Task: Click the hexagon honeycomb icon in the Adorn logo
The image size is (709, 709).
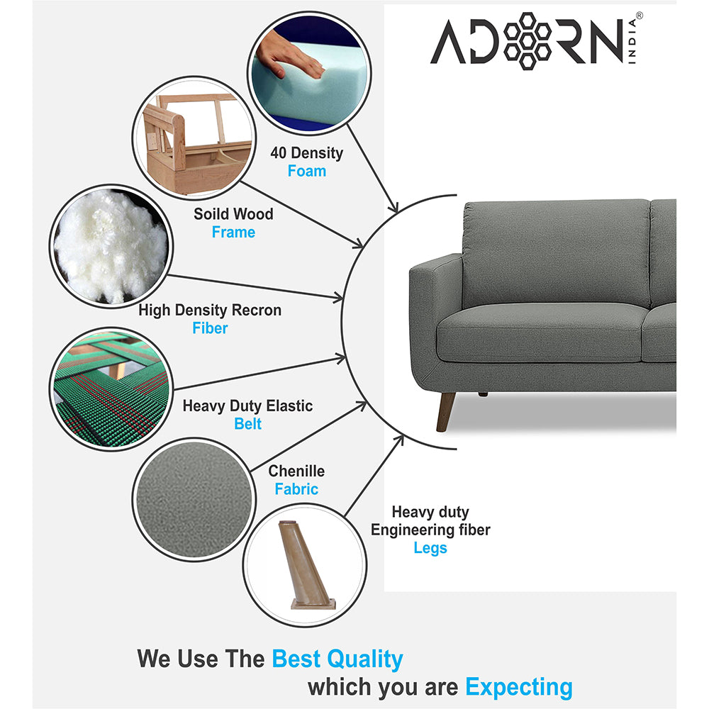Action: click(x=527, y=41)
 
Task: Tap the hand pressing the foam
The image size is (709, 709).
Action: click(x=287, y=55)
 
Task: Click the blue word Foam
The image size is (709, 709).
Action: click(x=306, y=171)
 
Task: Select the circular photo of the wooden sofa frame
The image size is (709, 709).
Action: click(x=194, y=138)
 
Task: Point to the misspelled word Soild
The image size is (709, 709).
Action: click(x=211, y=213)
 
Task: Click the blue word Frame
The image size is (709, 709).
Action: click(x=233, y=232)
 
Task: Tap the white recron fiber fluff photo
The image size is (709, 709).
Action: click(x=111, y=247)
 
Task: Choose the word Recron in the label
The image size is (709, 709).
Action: click(x=257, y=310)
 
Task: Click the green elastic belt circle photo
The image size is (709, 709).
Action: click(x=111, y=389)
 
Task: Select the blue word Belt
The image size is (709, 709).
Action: click(x=247, y=424)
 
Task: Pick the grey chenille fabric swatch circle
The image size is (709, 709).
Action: click(x=194, y=500)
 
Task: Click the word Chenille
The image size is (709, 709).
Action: click(x=296, y=471)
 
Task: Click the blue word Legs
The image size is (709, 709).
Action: click(x=430, y=547)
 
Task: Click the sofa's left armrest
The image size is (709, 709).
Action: click(x=436, y=316)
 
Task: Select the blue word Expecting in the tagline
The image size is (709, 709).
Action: click(x=519, y=688)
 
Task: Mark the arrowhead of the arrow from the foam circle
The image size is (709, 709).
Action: click(x=393, y=206)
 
